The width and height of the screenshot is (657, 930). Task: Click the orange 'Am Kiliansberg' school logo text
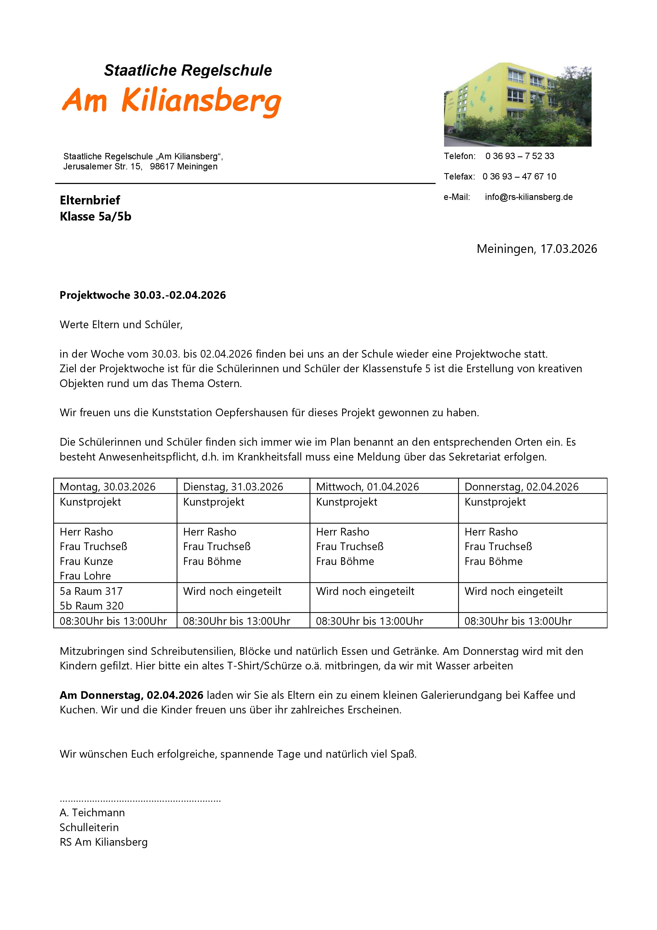click(x=172, y=100)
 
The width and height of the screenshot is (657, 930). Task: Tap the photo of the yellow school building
click(x=517, y=104)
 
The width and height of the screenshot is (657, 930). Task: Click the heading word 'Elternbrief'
click(x=90, y=200)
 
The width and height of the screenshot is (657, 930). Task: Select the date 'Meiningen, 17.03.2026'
click(x=537, y=249)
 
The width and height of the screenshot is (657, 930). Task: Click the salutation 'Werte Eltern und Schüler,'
click(x=121, y=324)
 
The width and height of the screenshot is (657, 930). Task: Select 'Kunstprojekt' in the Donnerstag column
click(x=495, y=502)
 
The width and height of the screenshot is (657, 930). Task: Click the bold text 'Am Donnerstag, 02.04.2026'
click(x=132, y=695)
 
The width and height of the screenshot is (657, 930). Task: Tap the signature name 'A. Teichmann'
click(x=92, y=813)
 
